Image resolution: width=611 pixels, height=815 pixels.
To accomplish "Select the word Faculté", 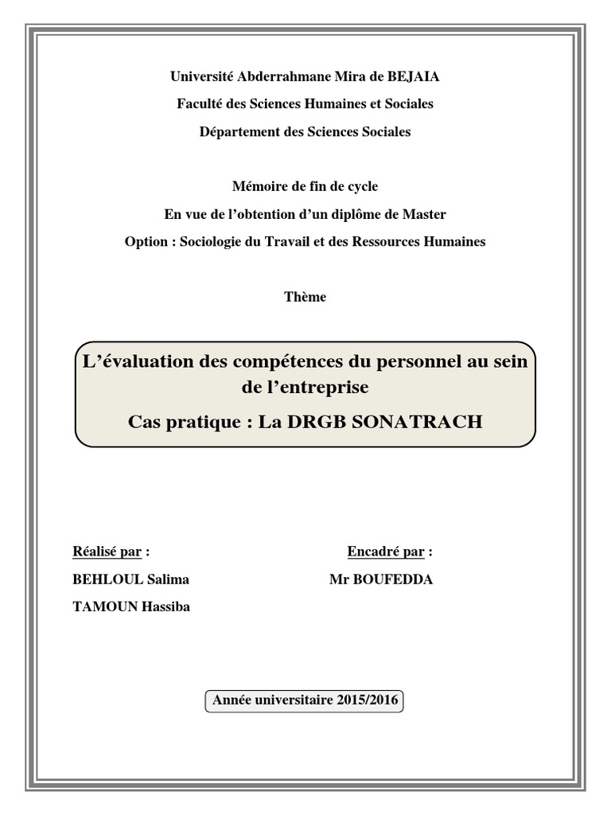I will click(x=199, y=104).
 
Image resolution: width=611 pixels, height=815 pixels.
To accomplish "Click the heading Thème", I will click(x=305, y=297).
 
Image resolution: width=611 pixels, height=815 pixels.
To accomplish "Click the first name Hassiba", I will click(x=165, y=607).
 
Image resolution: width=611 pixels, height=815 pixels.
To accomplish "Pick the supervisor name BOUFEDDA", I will click(x=394, y=579).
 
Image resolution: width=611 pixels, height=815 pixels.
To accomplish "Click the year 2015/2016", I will click(x=368, y=701).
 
